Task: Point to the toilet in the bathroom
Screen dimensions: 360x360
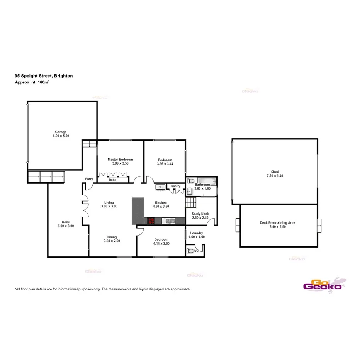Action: click(x=190, y=181)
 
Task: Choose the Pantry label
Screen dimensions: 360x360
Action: click(x=176, y=186)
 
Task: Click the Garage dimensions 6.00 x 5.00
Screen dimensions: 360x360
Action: click(x=61, y=136)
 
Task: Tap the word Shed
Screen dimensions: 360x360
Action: click(x=275, y=172)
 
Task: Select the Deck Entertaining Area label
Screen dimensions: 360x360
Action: click(x=278, y=223)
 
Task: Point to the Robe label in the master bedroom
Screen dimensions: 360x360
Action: click(x=112, y=180)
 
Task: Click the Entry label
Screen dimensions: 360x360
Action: click(x=89, y=179)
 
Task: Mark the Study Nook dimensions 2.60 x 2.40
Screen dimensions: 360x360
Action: click(x=200, y=217)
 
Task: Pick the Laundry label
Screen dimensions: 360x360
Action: click(x=197, y=233)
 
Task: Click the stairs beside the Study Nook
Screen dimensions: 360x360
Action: click(x=191, y=202)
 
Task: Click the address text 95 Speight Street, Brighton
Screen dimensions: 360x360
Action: click(x=44, y=76)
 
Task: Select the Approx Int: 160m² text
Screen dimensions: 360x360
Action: click(x=32, y=82)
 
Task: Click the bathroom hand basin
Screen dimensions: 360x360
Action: click(x=190, y=191)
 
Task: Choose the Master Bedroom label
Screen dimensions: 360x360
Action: click(x=120, y=160)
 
